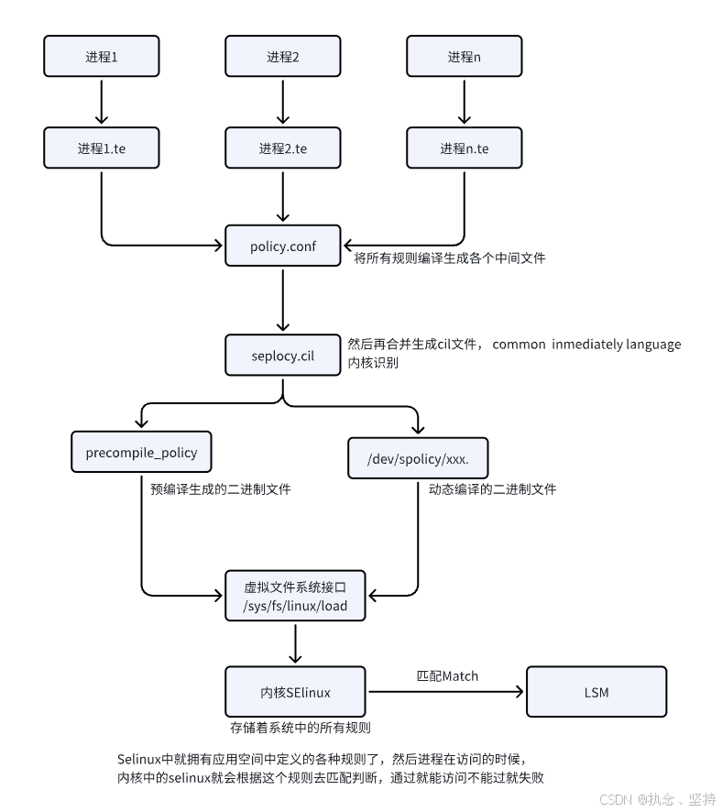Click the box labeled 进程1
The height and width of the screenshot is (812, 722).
tap(102, 57)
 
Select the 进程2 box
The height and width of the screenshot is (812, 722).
tap(283, 57)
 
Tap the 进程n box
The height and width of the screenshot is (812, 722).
tap(464, 57)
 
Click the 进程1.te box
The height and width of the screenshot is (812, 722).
tap(102, 148)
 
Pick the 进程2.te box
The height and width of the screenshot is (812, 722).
tap(283, 148)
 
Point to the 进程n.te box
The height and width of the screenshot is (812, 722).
tap(464, 148)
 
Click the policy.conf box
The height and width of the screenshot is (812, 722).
tap(283, 246)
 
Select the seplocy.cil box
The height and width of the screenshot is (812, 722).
tap(283, 355)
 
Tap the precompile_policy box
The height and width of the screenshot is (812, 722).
tap(140, 453)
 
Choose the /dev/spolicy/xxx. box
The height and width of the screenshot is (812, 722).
tap(417, 456)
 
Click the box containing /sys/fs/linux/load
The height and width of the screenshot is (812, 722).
tap(295, 596)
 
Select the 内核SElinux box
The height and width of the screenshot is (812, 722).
tap(295, 692)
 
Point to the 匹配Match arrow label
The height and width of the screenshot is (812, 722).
tap(447, 676)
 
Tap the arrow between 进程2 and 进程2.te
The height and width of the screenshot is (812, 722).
tap(283, 102)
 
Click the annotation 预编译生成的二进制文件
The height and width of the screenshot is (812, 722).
tap(221, 489)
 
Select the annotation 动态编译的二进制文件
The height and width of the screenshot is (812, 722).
tap(492, 489)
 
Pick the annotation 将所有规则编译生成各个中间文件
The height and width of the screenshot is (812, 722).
tap(449, 258)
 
